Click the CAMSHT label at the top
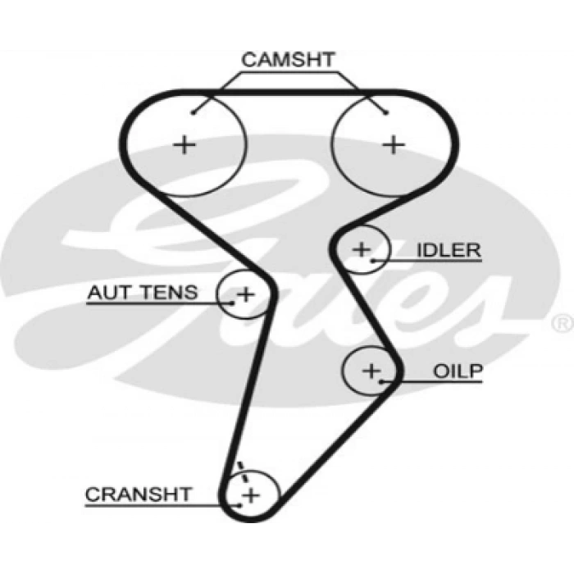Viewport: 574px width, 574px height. tap(288, 59)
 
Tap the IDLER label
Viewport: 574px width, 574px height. tap(449, 250)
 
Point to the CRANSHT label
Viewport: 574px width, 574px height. tap(138, 494)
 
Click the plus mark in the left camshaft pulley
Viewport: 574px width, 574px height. tap(185, 145)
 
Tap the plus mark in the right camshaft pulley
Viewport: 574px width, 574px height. tap(395, 145)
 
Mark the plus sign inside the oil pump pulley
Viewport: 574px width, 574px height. tap(372, 371)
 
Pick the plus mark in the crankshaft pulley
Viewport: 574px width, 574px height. tap(250, 494)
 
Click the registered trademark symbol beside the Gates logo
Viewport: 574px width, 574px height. tap(563, 322)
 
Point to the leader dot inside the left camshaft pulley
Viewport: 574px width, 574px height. tap(194, 113)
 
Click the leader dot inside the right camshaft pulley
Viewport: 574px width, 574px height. tap(385, 113)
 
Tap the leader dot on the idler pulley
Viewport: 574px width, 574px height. tap(373, 261)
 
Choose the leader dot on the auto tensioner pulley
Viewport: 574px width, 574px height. tap(233, 302)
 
